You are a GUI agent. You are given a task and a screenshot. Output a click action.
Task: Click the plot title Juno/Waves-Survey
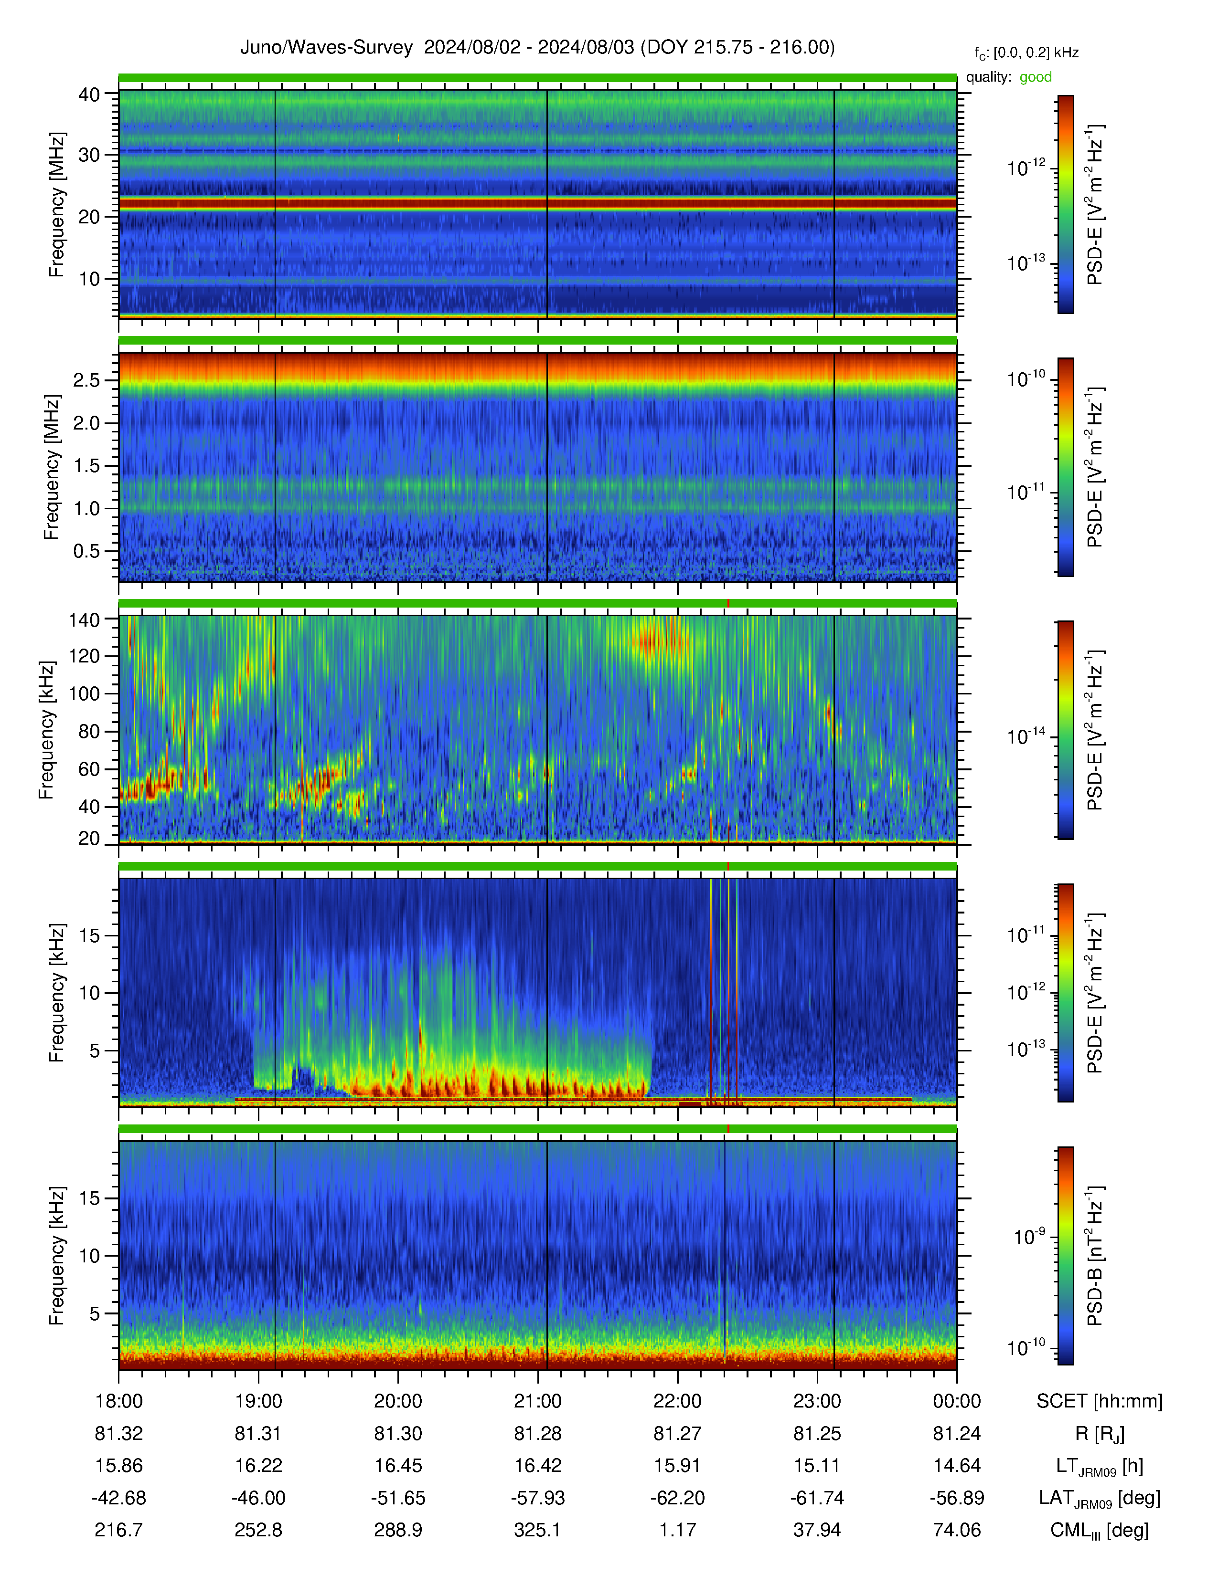[x=326, y=48]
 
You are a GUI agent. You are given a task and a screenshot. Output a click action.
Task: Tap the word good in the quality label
[x=1036, y=77]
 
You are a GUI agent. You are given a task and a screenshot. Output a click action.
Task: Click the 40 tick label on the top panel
[x=89, y=94]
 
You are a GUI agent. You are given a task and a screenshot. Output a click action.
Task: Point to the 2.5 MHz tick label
[x=86, y=380]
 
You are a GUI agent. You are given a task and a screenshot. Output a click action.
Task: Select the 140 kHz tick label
[x=84, y=619]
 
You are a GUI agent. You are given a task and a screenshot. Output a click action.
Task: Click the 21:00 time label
[x=537, y=1401]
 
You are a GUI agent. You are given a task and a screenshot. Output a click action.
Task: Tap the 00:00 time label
[x=957, y=1401]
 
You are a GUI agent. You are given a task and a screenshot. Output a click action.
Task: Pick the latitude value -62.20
[x=678, y=1498]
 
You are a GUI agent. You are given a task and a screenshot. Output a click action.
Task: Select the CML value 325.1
[x=537, y=1530]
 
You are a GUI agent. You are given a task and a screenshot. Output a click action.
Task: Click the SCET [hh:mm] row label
[x=1100, y=1401]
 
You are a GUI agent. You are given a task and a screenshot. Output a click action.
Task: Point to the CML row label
[x=1100, y=1530]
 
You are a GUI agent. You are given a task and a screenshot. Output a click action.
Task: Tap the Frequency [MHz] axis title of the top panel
[x=56, y=205]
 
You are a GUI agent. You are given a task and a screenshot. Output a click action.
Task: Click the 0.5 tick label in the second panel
[x=86, y=551]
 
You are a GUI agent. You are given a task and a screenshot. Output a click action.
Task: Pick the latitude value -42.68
[x=119, y=1498]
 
